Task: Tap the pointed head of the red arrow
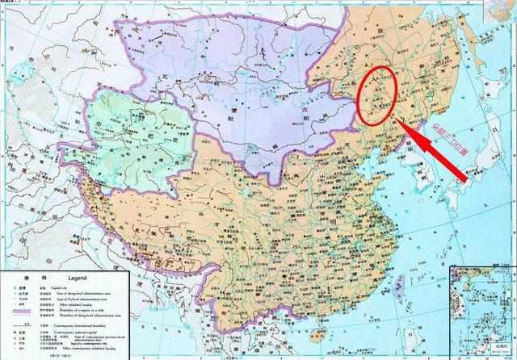[404, 122]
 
